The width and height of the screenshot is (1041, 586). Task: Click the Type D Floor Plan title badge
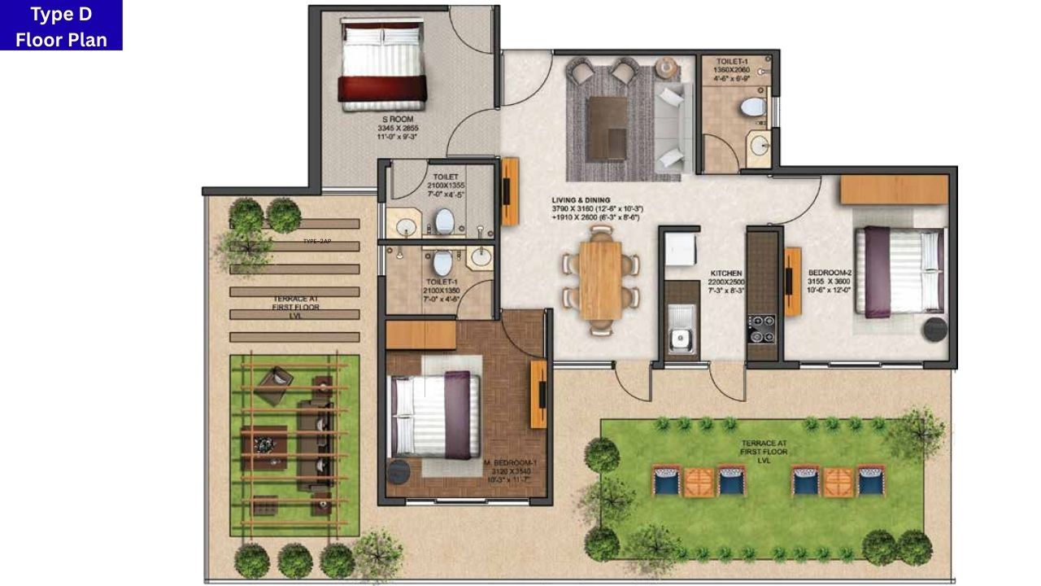61,25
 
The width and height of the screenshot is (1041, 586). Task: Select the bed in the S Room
383,64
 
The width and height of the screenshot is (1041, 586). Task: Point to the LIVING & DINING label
581,200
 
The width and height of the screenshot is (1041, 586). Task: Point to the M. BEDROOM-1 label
511,462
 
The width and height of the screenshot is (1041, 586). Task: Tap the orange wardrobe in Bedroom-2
894,190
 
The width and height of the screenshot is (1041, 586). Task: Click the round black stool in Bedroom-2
934,330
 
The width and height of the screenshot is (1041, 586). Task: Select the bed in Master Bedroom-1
431,414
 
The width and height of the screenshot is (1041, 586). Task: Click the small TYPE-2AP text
317,242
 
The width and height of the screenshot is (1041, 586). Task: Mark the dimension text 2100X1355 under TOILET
446,186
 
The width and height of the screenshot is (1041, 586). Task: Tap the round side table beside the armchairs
668,66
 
